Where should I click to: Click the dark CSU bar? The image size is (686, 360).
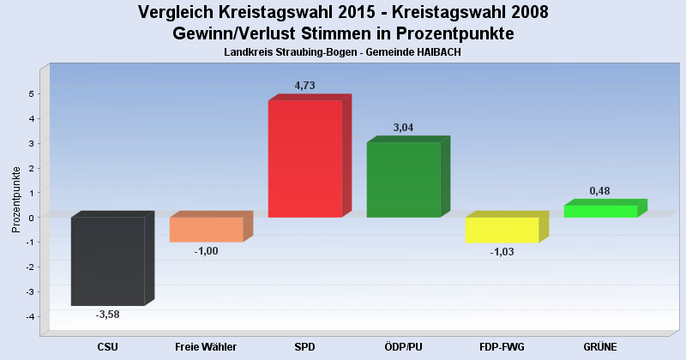coord(107,261)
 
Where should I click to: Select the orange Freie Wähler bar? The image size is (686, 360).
coord(206,229)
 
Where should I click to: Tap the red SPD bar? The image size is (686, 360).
coord(304,159)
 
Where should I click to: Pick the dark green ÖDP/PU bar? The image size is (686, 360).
coord(403,179)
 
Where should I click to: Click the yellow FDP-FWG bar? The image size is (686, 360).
coord(502,230)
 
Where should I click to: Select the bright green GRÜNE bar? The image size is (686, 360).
coord(600,211)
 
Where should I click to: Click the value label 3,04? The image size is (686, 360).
coord(404,128)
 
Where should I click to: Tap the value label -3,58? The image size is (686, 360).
coord(107,315)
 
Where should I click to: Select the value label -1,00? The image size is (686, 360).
coord(207,250)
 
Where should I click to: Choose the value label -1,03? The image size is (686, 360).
coord(502,252)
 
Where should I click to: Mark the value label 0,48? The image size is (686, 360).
coord(600,191)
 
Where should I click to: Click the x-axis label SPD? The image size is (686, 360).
coord(304,347)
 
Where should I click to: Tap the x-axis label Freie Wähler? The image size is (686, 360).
coord(206,347)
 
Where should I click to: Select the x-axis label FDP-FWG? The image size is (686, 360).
coord(502,347)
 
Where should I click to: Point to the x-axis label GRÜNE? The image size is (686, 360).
coord(600,347)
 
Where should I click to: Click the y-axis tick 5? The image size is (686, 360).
coord(33,93)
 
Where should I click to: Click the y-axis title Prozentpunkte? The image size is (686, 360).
coord(15,199)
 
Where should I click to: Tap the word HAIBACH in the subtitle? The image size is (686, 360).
coord(441,52)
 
